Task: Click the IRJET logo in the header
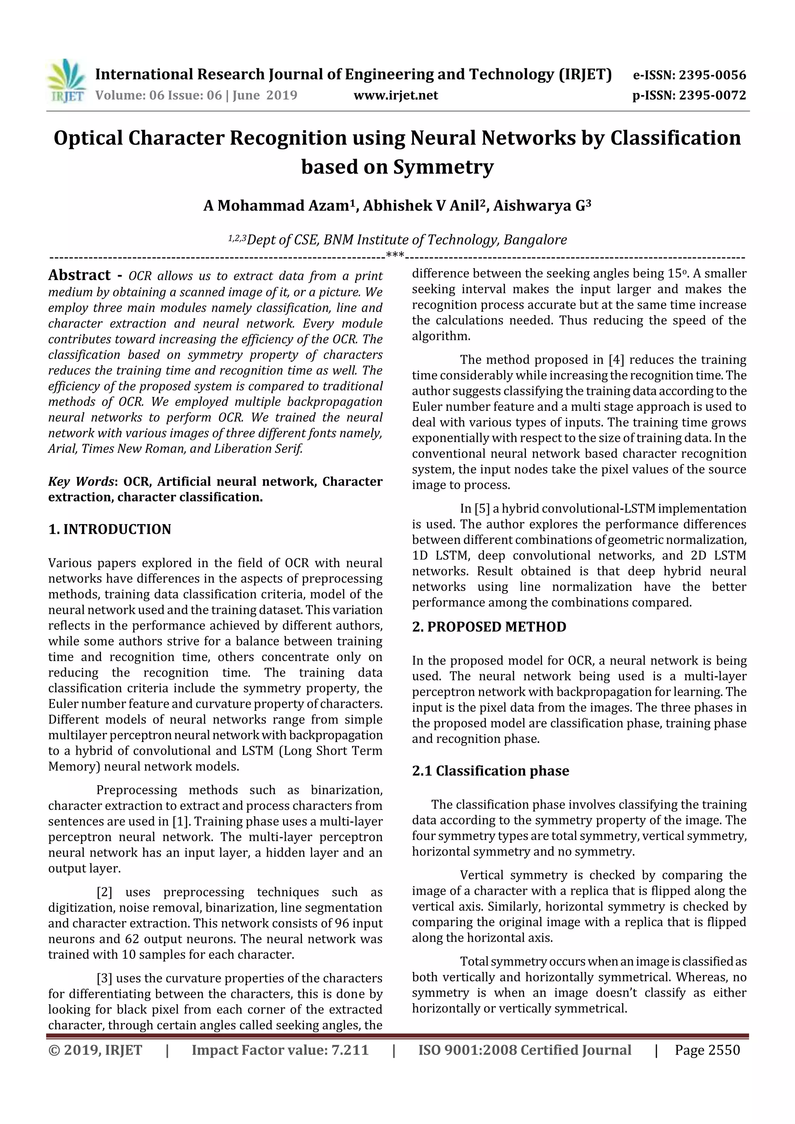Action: [x=66, y=81]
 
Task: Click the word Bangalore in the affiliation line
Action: [x=535, y=240]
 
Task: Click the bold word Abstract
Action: [x=79, y=275]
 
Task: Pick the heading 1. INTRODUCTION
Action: [x=110, y=529]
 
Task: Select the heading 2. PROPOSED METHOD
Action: [x=489, y=627]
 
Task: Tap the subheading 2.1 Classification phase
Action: [x=490, y=771]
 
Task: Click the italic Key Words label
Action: [x=81, y=482]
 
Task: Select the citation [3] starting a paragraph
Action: [x=104, y=979]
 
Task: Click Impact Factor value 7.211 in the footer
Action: [x=280, y=1050]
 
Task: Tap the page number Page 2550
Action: [x=707, y=1050]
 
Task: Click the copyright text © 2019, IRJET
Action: [x=95, y=1050]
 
